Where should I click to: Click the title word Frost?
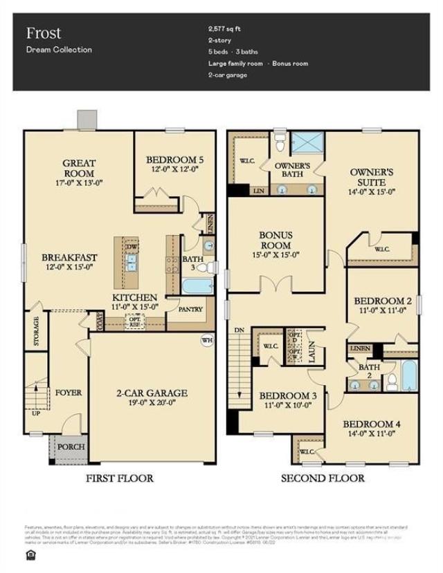pos(44,32)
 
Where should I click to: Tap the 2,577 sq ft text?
pos(224,29)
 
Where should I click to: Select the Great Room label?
pos(79,168)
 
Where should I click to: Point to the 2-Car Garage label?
pos(152,393)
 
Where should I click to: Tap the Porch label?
pos(71,447)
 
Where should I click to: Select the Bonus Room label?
pos(275,240)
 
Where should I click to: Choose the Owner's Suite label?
pos(372,177)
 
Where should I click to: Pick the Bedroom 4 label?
pos(372,424)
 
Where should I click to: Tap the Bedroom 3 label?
pos(288,395)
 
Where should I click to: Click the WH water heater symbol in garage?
pos(206,340)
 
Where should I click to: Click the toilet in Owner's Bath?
pos(280,143)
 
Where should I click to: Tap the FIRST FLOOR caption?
pos(119,478)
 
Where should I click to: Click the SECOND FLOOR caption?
pos(322,478)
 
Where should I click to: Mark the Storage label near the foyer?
pos(36,332)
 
